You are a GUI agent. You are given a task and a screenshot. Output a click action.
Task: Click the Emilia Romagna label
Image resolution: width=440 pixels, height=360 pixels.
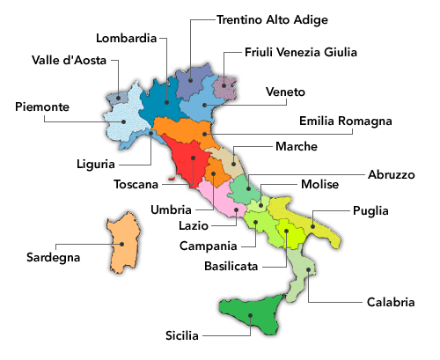pyautogui.click(x=345, y=121)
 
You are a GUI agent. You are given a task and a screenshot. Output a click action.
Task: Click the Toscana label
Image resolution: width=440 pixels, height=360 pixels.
pyautogui.click(x=136, y=185)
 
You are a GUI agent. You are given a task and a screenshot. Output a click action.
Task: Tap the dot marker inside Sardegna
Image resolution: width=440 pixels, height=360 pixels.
pyautogui.click(x=123, y=245)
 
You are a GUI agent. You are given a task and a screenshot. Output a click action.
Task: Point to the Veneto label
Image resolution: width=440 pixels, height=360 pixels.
pyautogui.click(x=284, y=92)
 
